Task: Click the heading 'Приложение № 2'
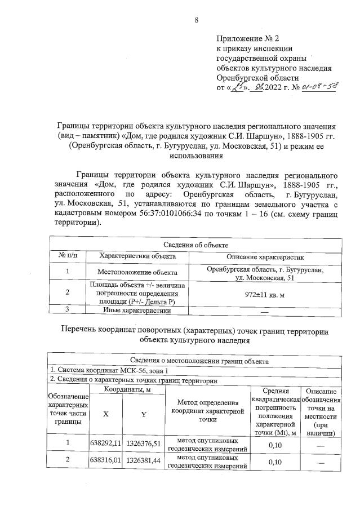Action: tap(248, 38)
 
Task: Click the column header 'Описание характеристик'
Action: tap(265, 256)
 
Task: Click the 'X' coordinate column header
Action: tap(105, 414)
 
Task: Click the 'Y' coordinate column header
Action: tap(144, 414)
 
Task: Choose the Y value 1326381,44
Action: tap(144, 461)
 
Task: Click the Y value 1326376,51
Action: tap(144, 443)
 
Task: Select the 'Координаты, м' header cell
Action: tap(125, 389)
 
